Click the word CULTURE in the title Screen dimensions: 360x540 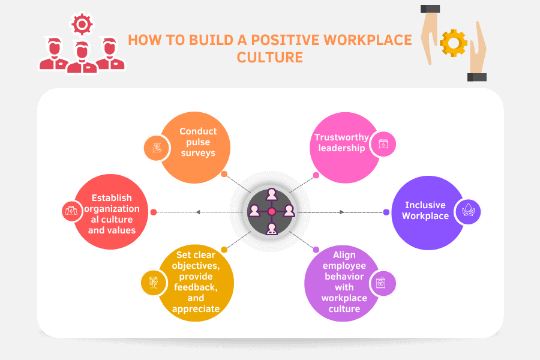[269, 58]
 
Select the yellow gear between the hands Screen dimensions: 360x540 [453, 43]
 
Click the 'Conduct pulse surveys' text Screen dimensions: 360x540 [198, 142]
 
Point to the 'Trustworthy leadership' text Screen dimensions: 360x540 [341, 143]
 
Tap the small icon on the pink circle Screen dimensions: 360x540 [383, 145]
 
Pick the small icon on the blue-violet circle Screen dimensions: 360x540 [467, 211]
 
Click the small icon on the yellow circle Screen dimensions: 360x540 [152, 282]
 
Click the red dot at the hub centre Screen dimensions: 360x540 [271, 211]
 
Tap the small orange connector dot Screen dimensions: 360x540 [224, 175]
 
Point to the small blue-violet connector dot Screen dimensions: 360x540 [386, 211]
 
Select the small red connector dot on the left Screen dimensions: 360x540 [154, 212]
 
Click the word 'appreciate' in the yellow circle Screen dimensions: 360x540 [196, 309]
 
